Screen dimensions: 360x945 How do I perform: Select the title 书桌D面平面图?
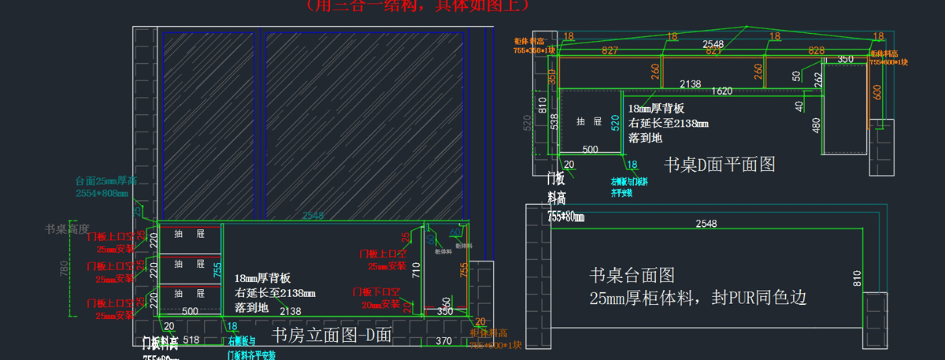(x=720, y=165)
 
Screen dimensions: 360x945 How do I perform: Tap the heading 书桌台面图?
(x=632, y=275)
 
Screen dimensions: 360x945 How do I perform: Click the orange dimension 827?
(x=609, y=50)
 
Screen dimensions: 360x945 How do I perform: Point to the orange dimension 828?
(x=794, y=50)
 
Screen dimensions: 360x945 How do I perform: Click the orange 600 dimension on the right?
(x=877, y=91)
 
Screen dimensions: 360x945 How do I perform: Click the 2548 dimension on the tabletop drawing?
(x=706, y=224)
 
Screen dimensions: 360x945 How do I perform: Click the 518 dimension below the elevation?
(x=190, y=340)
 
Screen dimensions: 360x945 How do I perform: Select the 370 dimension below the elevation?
(x=443, y=340)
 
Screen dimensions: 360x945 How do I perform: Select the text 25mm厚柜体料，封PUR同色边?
(x=698, y=299)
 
